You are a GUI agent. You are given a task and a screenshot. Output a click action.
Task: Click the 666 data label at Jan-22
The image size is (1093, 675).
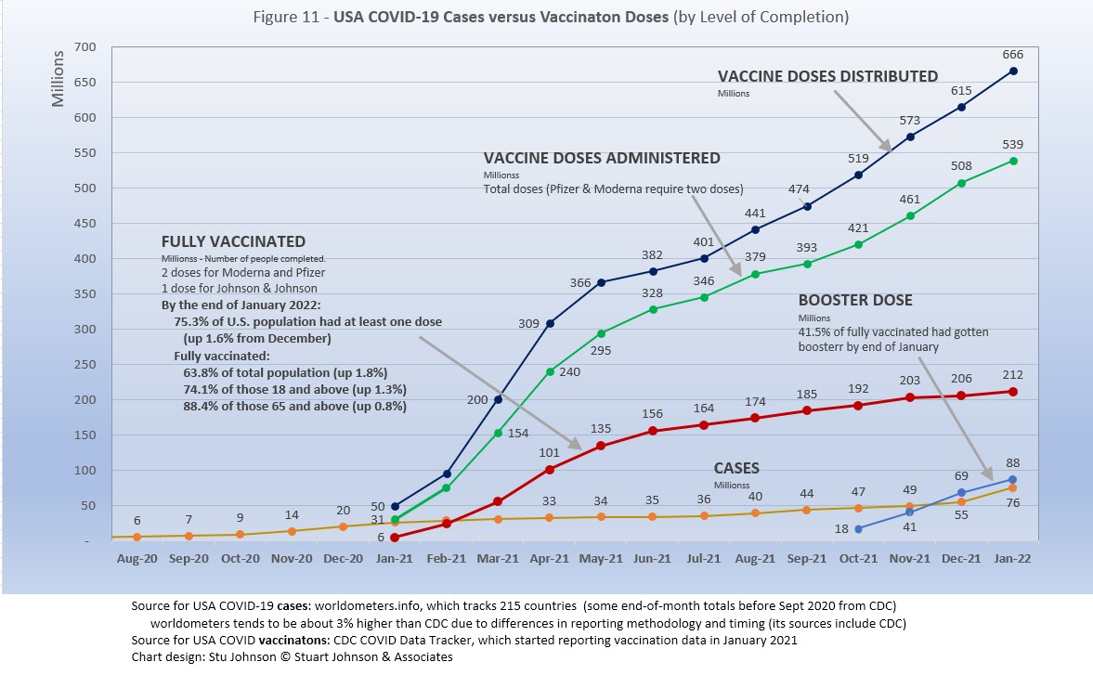(1013, 55)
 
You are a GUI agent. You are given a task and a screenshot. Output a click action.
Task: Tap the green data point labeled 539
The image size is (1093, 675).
(1013, 161)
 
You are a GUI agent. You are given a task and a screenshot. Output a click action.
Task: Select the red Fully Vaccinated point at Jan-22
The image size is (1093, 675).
(1013, 392)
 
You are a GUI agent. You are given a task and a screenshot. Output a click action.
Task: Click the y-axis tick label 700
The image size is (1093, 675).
(85, 47)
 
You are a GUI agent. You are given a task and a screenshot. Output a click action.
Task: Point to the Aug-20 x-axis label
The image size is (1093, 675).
(137, 559)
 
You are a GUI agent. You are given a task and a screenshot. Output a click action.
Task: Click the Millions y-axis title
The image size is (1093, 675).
(59, 79)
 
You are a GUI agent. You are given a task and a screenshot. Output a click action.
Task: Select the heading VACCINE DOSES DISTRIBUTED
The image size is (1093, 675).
(827, 76)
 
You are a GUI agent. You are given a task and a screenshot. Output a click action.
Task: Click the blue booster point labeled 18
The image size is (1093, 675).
(859, 528)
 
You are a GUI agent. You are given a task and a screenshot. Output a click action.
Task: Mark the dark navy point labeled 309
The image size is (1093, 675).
(550, 323)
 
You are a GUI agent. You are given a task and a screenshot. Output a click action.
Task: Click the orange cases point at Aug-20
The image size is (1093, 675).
(137, 537)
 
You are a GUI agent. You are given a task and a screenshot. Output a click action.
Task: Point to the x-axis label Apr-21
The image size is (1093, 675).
(550, 559)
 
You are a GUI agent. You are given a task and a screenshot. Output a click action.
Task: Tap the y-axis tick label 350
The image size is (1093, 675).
(85, 330)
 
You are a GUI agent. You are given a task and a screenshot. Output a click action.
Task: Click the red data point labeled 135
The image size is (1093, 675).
(601, 446)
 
